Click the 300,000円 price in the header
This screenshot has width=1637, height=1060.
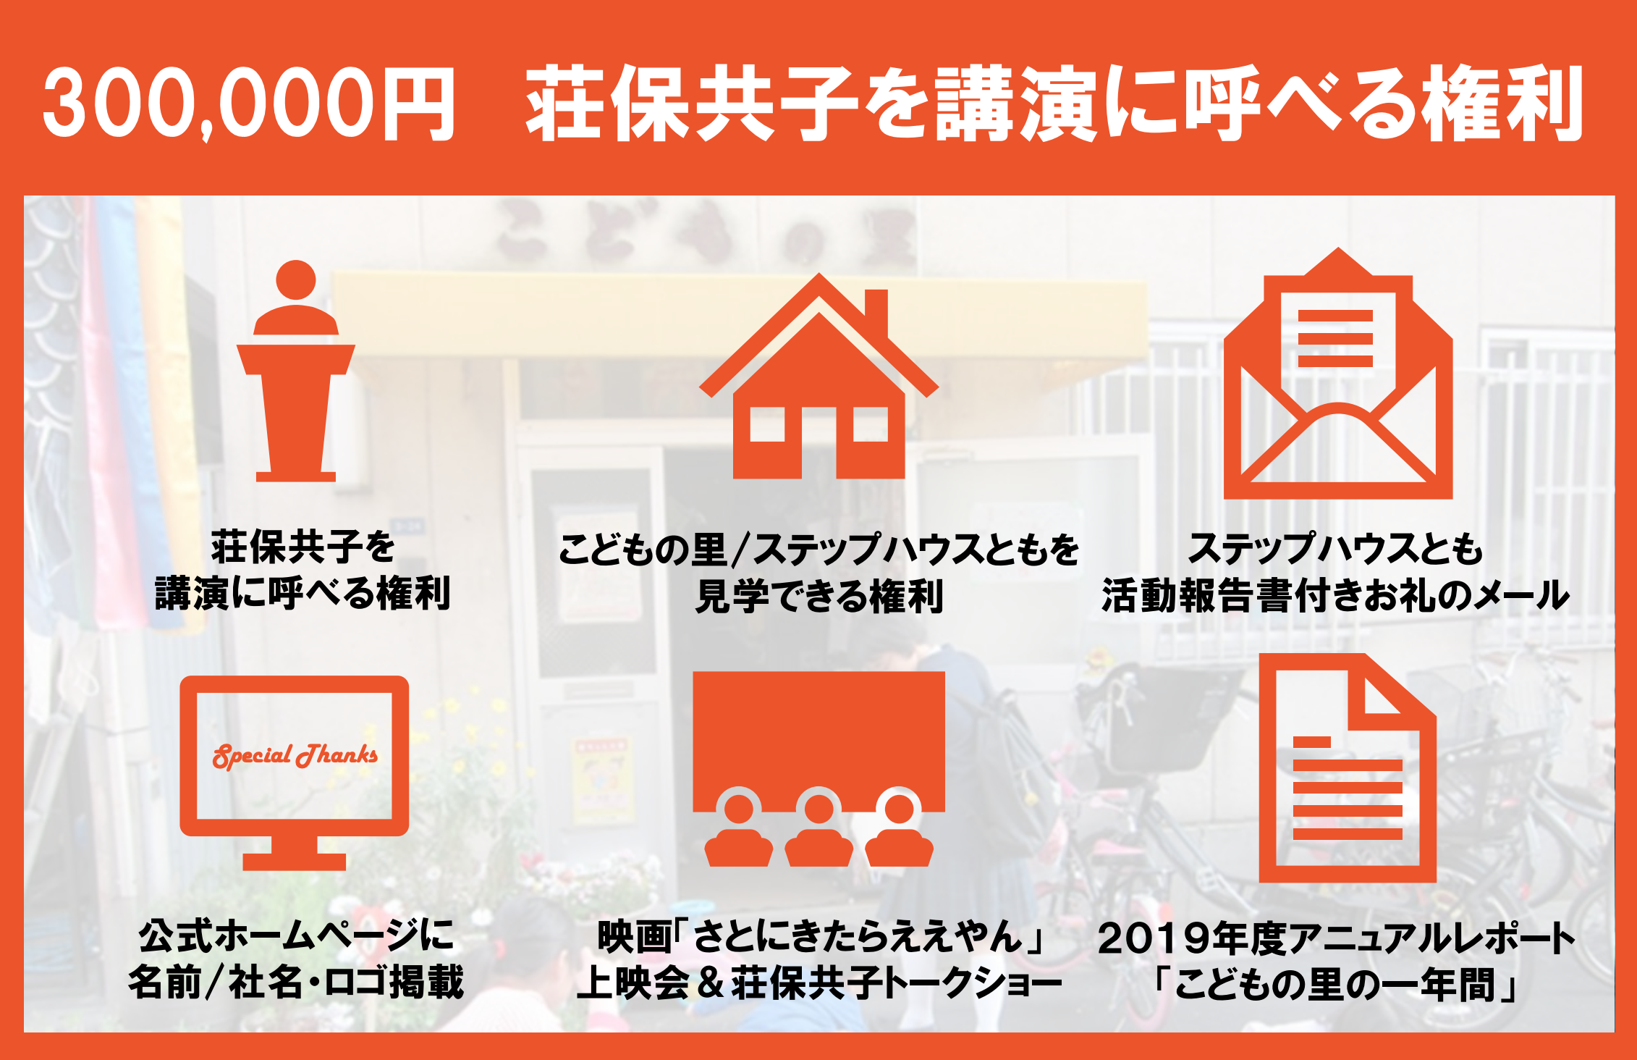[249, 103]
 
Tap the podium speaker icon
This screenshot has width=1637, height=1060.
[296, 371]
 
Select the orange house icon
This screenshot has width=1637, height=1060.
[819, 376]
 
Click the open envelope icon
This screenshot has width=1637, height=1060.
[1338, 374]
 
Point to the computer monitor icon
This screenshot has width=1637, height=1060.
[294, 772]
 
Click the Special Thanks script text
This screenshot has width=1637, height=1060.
[295, 755]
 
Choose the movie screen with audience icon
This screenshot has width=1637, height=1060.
[819, 769]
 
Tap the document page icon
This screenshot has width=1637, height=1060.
[1348, 768]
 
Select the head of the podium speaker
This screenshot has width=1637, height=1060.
[296, 279]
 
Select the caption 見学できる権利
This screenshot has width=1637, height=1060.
[819, 596]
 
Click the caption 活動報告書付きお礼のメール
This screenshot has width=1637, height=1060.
[1336, 595]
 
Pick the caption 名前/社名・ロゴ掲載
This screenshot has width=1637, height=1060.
[296, 983]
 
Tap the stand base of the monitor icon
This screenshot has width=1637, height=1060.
[295, 862]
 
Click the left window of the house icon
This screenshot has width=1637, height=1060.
[767, 424]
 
